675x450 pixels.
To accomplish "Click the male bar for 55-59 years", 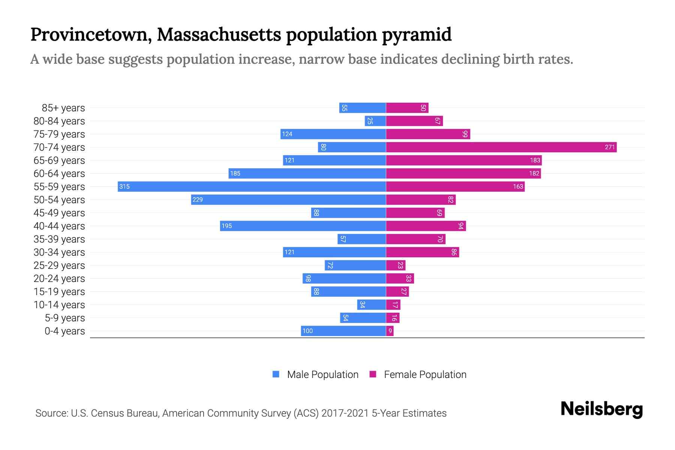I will click(251, 186).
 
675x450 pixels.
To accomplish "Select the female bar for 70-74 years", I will click(501, 147).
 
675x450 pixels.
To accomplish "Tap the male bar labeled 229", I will click(288, 199).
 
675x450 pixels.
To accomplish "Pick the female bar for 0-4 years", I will click(390, 331).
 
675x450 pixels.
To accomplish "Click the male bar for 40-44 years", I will click(303, 226).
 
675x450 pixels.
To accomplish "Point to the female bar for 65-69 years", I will click(463, 160).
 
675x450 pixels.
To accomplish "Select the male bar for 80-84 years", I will click(375, 121).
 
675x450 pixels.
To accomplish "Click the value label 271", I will click(610, 147).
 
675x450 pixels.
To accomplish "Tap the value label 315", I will click(124, 186).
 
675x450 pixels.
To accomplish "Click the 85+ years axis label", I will click(63, 108).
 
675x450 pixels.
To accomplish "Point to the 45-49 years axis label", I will click(59, 213).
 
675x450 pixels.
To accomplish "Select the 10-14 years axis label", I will click(59, 305).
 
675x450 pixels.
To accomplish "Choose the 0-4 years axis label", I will click(64, 331).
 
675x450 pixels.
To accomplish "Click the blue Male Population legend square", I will click(276, 374).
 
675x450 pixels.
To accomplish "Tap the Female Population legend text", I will click(425, 375).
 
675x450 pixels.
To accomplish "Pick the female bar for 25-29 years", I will click(395, 265).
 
